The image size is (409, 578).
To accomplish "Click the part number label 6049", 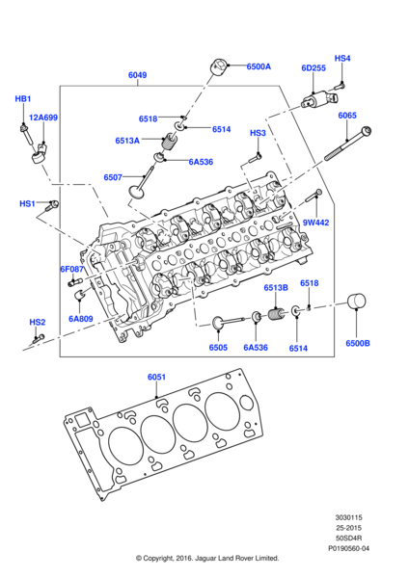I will coord(138,74).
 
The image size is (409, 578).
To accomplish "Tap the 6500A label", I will coord(258,66).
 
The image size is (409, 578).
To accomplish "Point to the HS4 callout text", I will coord(342,58).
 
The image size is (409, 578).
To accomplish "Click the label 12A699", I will coord(42,118).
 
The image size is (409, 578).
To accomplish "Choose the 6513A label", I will coord(127,140).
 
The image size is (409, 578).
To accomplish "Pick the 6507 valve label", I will coord(114,177).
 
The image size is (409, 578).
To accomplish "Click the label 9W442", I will coord(316,223).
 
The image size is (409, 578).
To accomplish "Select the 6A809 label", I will coord(81,318).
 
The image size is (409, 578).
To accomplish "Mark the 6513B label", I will coord(276,288).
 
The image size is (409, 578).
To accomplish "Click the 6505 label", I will coord(218,348).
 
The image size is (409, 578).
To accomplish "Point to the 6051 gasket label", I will coord(157,377).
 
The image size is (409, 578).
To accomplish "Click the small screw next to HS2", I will coord(39,336).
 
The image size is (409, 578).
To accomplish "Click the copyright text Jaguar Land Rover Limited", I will coord(207,558).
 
